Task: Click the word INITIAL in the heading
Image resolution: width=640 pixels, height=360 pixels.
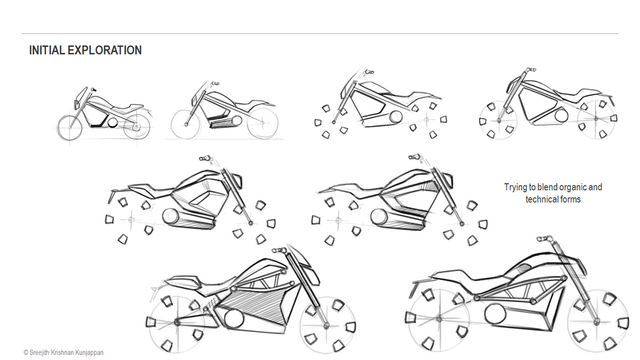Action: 43,51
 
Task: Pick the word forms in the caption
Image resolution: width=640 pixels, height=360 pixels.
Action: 570,199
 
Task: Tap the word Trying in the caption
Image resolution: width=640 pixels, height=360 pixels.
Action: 515,187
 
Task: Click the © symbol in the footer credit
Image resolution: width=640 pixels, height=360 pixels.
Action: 26,353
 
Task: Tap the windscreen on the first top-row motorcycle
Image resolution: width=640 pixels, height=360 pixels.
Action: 77,98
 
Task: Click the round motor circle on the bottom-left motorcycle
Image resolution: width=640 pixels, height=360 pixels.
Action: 233,319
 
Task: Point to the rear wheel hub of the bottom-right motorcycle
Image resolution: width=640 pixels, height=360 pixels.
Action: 438,318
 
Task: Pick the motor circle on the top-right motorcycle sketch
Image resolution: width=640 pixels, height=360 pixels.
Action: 561,115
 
